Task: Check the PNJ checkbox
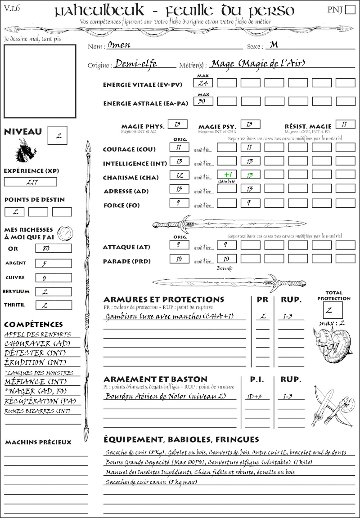349,10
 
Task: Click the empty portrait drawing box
40,80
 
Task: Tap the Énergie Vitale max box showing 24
203,83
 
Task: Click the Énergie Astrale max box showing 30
203,101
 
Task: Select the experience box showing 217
31,182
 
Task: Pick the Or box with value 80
54,248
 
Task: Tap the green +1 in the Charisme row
226,174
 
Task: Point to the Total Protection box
333,310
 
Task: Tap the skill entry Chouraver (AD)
37,344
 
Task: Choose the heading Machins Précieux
38,442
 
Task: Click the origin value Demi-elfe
136,64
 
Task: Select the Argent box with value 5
54,263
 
